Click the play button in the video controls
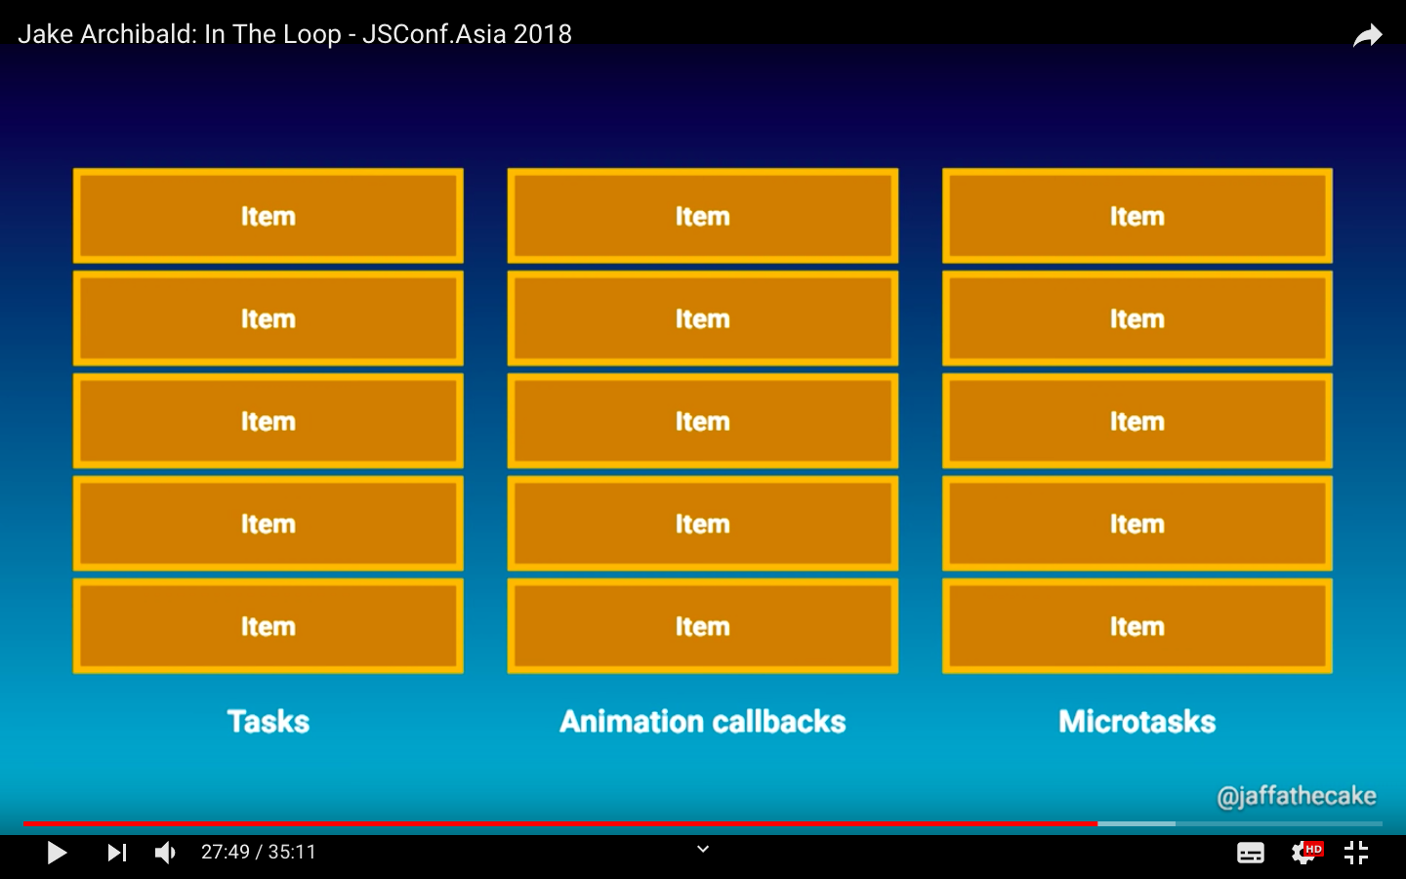pyautogui.click(x=57, y=853)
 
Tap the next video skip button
pyautogui.click(x=116, y=853)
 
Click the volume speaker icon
pyautogui.click(x=165, y=853)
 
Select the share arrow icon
pyautogui.click(x=1368, y=36)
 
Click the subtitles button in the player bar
pyautogui.click(x=1251, y=853)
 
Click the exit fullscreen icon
pyautogui.click(x=1356, y=853)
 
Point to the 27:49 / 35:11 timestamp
pyautogui.click(x=259, y=853)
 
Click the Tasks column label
pyautogui.click(x=269, y=722)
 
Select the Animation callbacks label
pyautogui.click(x=703, y=722)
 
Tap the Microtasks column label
pyautogui.click(x=1137, y=722)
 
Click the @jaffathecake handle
pyautogui.click(x=1296, y=796)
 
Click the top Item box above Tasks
pyautogui.click(x=269, y=216)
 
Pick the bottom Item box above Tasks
pyautogui.click(x=269, y=626)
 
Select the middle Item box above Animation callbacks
pyautogui.click(x=703, y=421)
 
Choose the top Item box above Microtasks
pyautogui.click(x=1137, y=216)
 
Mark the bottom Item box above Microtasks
pyautogui.click(x=1137, y=626)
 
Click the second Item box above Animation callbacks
pyautogui.click(x=703, y=318)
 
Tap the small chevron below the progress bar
pyautogui.click(x=703, y=850)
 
